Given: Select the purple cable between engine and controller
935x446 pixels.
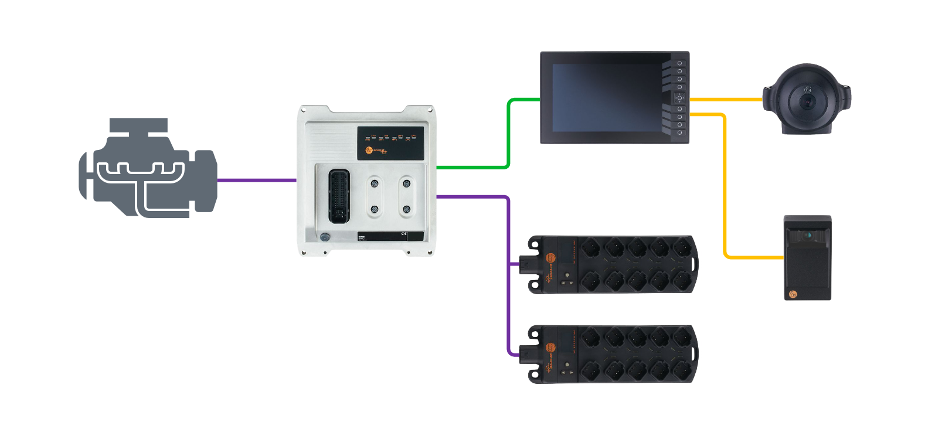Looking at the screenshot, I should click(x=257, y=181).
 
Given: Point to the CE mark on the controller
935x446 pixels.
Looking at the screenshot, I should click(x=403, y=234).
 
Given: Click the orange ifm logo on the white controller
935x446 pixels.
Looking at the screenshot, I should click(x=369, y=151).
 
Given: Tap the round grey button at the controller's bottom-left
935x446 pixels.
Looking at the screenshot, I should click(x=325, y=237).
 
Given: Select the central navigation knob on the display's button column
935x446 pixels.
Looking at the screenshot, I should click(x=680, y=98).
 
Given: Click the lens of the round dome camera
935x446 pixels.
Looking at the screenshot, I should click(x=808, y=101).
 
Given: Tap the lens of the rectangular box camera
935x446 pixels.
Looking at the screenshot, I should click(x=808, y=235).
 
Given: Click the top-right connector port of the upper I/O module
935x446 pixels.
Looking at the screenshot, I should click(x=682, y=247).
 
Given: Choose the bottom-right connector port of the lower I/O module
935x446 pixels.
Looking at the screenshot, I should click(x=682, y=370).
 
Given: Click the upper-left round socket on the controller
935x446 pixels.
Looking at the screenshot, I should click(x=375, y=184).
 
